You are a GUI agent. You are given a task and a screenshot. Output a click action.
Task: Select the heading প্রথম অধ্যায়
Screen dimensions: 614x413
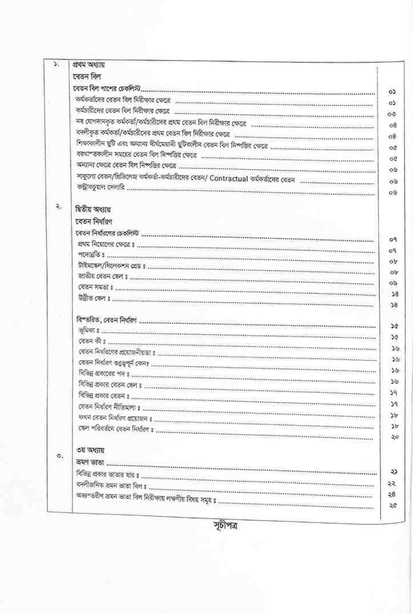point(88,64)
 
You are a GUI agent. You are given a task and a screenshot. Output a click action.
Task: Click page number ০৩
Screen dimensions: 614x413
point(393,114)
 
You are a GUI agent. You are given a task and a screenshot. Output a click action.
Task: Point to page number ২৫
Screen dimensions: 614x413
point(393,505)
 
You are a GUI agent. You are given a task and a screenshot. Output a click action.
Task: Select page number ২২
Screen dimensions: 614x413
point(393,483)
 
